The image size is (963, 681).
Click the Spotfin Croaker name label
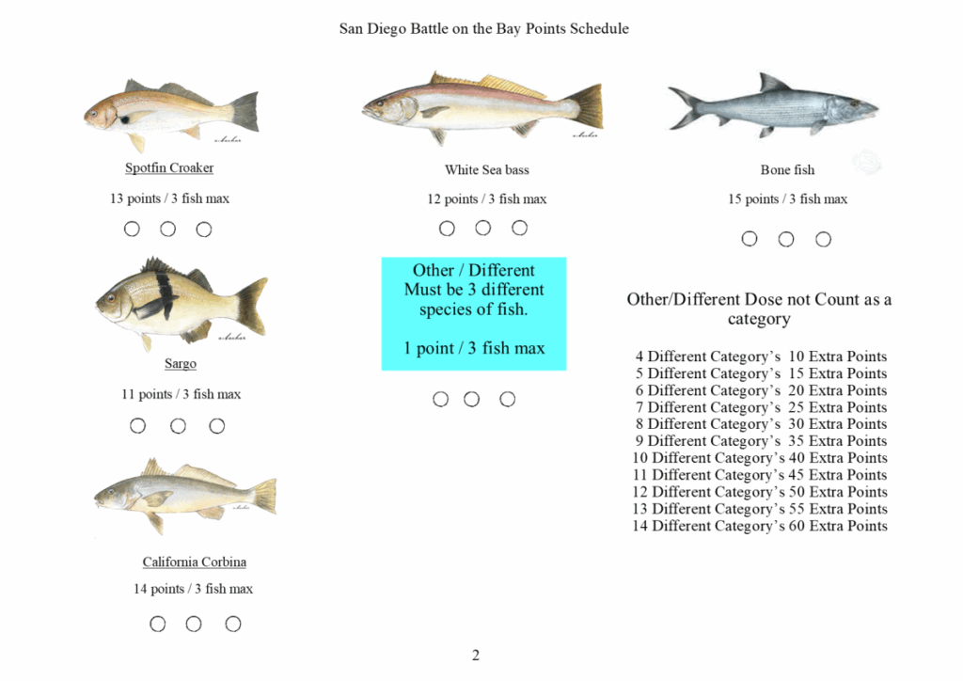pyautogui.click(x=169, y=167)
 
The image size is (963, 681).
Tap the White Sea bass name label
pyautogui.click(x=487, y=169)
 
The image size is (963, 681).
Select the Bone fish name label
pyautogui.click(x=787, y=169)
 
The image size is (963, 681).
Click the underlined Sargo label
pyautogui.click(x=181, y=363)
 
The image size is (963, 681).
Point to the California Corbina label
pyautogui.click(x=195, y=562)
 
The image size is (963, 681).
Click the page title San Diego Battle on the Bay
pyautogui.click(x=484, y=29)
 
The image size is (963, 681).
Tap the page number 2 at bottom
pyautogui.click(x=475, y=656)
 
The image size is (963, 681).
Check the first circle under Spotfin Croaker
pyautogui.click(x=132, y=230)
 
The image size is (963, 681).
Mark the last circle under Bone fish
pyautogui.click(x=823, y=239)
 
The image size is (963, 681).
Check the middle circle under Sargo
pyautogui.click(x=178, y=425)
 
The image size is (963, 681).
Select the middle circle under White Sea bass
pyautogui.click(x=483, y=228)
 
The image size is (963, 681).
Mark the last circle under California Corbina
pyautogui.click(x=233, y=624)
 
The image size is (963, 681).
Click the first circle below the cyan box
pyautogui.click(x=440, y=399)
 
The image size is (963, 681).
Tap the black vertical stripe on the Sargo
pyautogui.click(x=164, y=294)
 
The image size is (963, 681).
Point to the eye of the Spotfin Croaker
pyautogui.click(x=93, y=114)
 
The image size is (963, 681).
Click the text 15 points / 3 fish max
pyautogui.click(x=787, y=199)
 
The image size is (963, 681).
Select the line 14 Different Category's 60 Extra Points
pyautogui.click(x=760, y=526)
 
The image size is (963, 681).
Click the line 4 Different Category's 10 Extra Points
pyautogui.click(x=762, y=356)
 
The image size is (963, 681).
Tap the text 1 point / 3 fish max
pyautogui.click(x=474, y=348)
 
